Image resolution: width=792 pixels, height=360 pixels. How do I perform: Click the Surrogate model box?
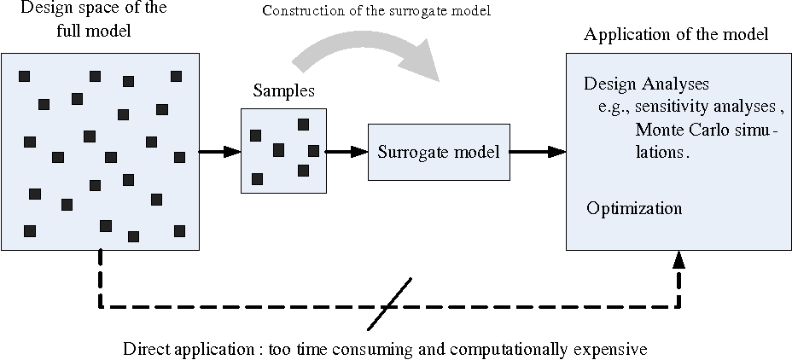tap(439, 152)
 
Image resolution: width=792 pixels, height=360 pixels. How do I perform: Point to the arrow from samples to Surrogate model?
tap(346, 152)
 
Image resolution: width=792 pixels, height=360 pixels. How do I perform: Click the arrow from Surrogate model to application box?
tap(539, 152)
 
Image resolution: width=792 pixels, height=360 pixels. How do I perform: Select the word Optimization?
tap(633, 208)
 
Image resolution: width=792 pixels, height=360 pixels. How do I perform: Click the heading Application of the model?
tap(676, 35)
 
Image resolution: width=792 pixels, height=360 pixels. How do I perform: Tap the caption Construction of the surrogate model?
tap(377, 11)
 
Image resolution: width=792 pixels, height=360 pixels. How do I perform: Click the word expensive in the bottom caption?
tap(607, 350)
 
